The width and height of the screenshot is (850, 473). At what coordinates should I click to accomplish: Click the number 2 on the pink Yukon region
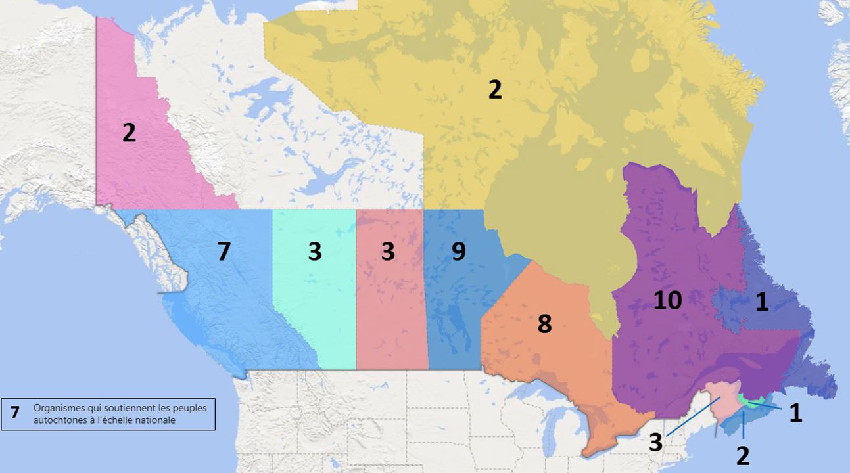pyautogui.click(x=129, y=133)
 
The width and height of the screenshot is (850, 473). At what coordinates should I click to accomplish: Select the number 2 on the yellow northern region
pyautogui.click(x=495, y=89)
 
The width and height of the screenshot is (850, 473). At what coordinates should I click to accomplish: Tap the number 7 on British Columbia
pyautogui.click(x=224, y=252)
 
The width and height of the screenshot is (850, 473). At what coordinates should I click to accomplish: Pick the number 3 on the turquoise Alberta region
pyautogui.click(x=315, y=252)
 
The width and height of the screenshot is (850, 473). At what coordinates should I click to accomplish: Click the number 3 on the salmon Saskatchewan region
pyautogui.click(x=388, y=252)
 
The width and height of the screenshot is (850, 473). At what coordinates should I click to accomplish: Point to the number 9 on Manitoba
pyautogui.click(x=458, y=251)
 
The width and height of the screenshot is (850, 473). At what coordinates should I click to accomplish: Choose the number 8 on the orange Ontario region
pyautogui.click(x=544, y=324)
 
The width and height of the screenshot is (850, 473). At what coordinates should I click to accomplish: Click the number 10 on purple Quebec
pyautogui.click(x=667, y=300)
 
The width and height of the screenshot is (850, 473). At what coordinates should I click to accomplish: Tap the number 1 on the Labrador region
pyautogui.click(x=762, y=302)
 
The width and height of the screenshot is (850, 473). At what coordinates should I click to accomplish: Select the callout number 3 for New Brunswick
pyautogui.click(x=655, y=442)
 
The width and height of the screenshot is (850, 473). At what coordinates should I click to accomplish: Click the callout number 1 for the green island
pyautogui.click(x=795, y=413)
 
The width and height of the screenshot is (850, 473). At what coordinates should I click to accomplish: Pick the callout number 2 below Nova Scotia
pyautogui.click(x=743, y=455)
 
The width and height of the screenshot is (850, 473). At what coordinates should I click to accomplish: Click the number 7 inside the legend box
pyautogui.click(x=15, y=413)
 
